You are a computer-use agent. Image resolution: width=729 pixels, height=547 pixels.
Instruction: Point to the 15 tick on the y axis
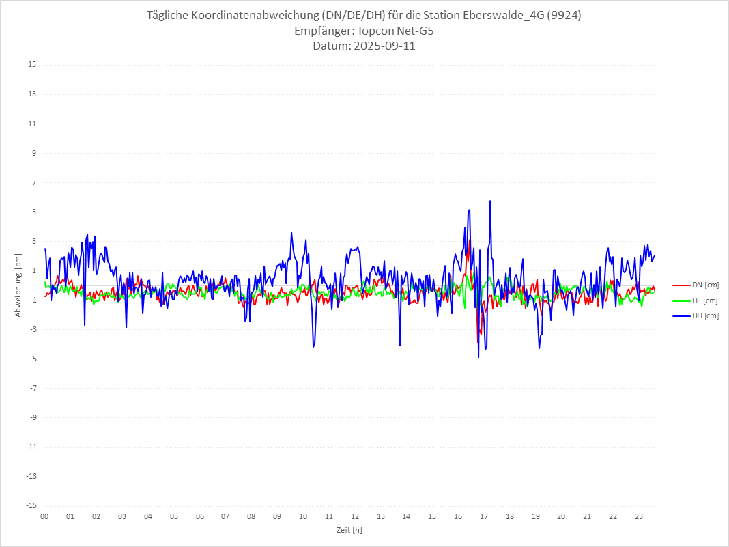tap(32, 65)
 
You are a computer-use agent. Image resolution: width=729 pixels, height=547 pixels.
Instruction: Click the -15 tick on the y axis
tap(31, 506)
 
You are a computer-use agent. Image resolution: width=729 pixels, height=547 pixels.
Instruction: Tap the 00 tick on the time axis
tap(44, 516)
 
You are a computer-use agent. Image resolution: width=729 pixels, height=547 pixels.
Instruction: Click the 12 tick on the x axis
tap(355, 516)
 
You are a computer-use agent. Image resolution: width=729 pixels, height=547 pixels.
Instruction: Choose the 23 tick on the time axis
tap(639, 516)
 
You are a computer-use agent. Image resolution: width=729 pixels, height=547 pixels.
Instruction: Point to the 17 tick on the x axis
tap(484, 516)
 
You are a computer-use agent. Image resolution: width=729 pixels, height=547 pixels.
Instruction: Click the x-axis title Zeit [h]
tap(349, 529)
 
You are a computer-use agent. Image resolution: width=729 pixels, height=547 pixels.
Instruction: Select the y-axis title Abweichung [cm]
tap(18, 285)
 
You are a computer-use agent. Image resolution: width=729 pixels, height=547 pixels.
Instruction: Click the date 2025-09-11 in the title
tap(364, 46)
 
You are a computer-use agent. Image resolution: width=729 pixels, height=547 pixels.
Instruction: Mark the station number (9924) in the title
tap(564, 16)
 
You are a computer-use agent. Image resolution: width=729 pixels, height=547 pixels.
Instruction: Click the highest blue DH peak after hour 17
tap(490, 201)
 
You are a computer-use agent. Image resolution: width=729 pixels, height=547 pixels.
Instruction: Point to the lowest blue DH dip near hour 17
tap(478, 357)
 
